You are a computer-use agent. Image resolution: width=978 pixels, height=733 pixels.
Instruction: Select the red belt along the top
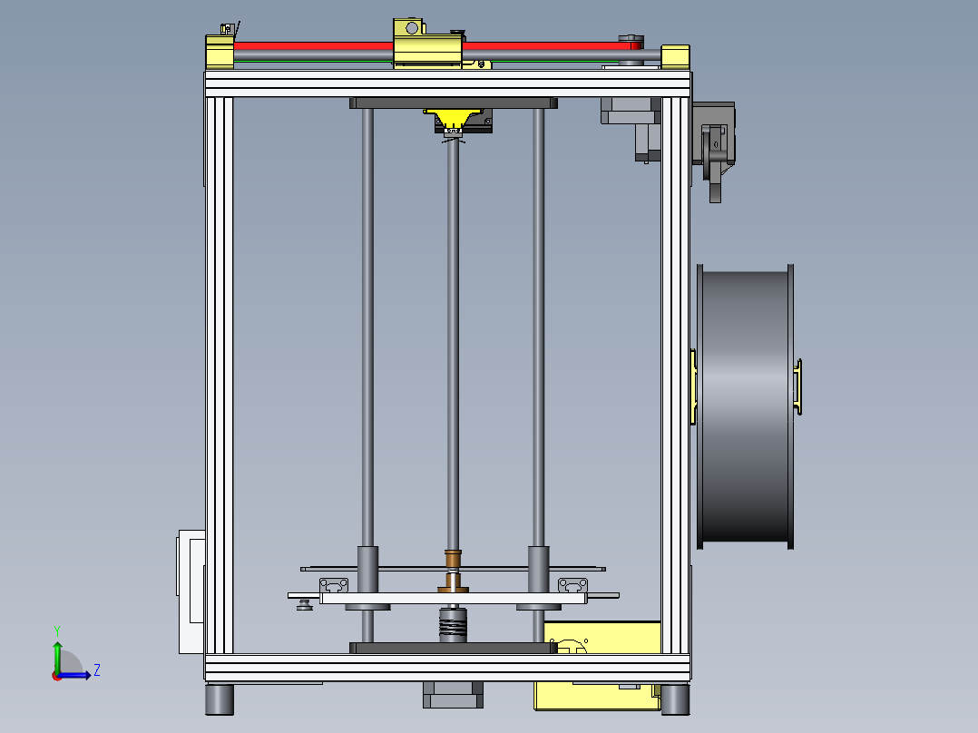pos(308,44)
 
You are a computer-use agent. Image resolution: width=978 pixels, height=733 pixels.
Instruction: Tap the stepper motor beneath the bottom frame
pos(453,695)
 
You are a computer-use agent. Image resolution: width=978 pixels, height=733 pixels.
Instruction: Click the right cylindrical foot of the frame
pos(674,699)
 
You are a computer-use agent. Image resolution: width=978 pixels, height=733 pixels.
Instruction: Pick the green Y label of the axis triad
pos(56,629)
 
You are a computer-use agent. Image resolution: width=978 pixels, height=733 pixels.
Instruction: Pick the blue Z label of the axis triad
pos(96,670)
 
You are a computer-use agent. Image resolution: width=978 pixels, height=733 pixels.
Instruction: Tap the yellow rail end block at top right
pos(675,56)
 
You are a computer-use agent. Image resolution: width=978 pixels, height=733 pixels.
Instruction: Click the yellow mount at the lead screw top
pos(454,118)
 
